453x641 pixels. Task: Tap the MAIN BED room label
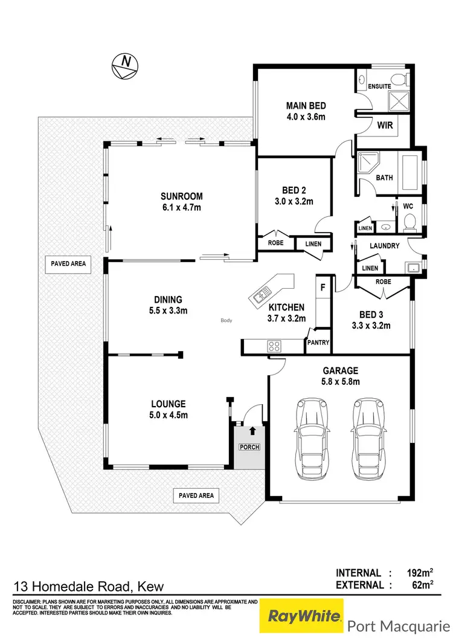click(306, 106)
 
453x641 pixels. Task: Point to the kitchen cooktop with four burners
click(274, 346)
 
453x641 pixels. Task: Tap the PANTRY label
click(318, 343)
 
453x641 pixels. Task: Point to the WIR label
click(385, 126)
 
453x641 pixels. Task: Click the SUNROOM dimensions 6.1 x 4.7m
click(181, 207)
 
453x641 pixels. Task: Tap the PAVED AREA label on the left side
click(66, 263)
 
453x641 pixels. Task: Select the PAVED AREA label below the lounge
click(196, 495)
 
